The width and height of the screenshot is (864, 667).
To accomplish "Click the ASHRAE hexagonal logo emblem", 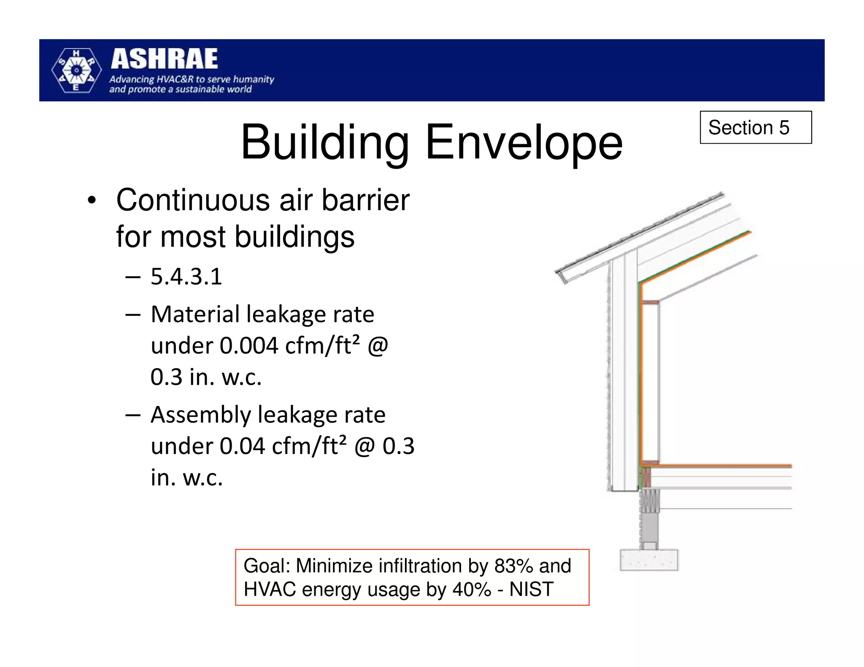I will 76,70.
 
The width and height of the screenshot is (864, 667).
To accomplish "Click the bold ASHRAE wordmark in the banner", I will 165,59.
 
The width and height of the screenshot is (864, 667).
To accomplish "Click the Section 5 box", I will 755,127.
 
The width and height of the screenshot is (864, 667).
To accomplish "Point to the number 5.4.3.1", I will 186,277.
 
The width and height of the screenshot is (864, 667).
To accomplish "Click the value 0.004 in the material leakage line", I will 249,346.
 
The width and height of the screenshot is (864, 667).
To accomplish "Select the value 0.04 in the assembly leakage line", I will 242,446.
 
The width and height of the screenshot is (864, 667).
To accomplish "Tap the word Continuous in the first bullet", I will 193,200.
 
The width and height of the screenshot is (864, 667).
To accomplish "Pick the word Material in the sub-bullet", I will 195,315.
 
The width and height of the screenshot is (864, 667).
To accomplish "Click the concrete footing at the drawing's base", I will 648,560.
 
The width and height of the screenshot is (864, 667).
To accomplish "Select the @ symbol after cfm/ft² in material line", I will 378,346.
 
